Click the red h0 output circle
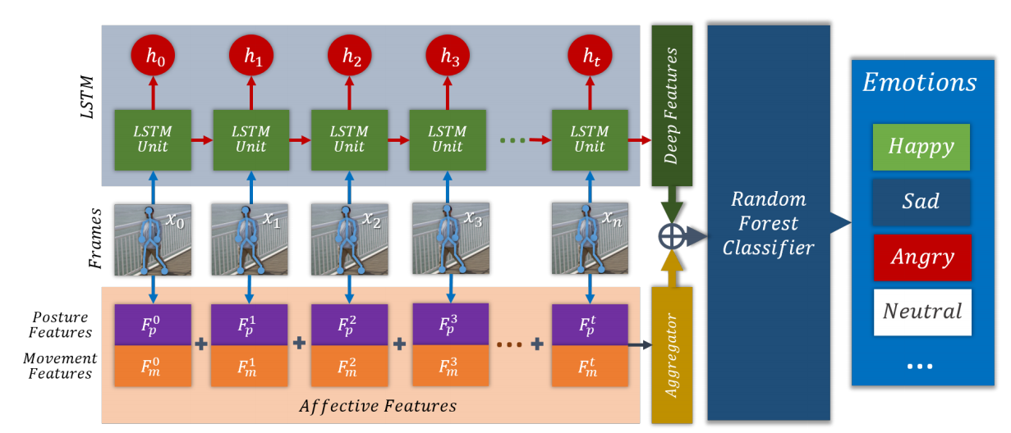[x=153, y=56]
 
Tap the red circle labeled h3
[x=448, y=56]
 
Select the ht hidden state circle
[x=590, y=56]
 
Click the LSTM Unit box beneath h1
[x=251, y=140]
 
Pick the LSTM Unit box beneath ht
[x=590, y=140]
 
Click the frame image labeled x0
[x=153, y=239]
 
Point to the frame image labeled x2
[x=349, y=239]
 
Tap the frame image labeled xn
[x=590, y=239]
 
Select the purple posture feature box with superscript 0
[x=153, y=325]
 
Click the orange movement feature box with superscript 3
[x=450, y=366]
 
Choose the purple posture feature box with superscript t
[x=590, y=325]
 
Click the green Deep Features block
[x=672, y=106]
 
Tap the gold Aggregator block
[x=672, y=355]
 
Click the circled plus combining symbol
[x=672, y=236]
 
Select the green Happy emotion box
[x=921, y=147]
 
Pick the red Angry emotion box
[x=922, y=258]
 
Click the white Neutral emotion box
[x=922, y=312]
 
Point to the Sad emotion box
[x=921, y=202]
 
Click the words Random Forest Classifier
[x=769, y=224]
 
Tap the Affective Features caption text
[x=378, y=406]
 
